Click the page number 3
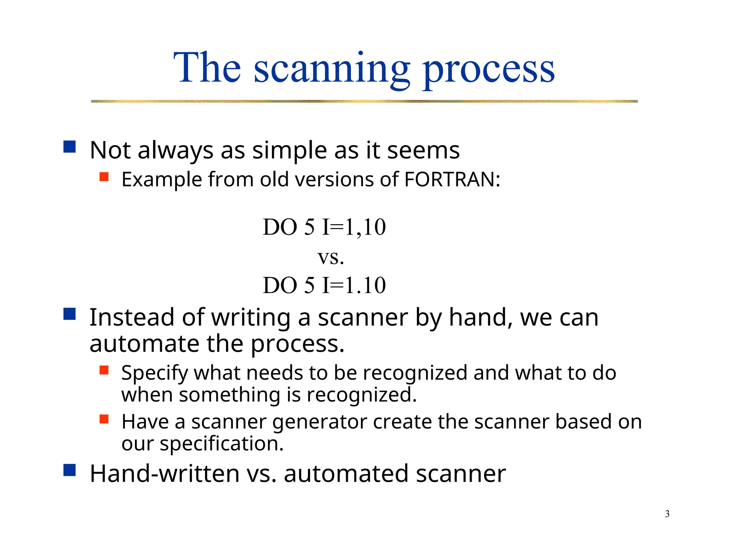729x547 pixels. click(667, 514)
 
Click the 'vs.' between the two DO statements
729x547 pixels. click(331, 257)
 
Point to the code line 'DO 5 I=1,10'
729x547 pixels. click(324, 227)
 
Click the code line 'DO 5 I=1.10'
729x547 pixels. click(324, 285)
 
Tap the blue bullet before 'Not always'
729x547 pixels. click(70, 147)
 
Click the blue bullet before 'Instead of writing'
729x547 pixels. click(70, 314)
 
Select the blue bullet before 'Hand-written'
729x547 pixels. click(70, 470)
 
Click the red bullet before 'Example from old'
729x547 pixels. click(104, 177)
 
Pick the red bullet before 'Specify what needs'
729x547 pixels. click(104, 370)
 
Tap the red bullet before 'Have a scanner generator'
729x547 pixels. click(104, 419)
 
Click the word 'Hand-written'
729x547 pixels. click(165, 474)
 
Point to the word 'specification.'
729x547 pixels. click(221, 444)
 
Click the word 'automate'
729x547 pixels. click(144, 344)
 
